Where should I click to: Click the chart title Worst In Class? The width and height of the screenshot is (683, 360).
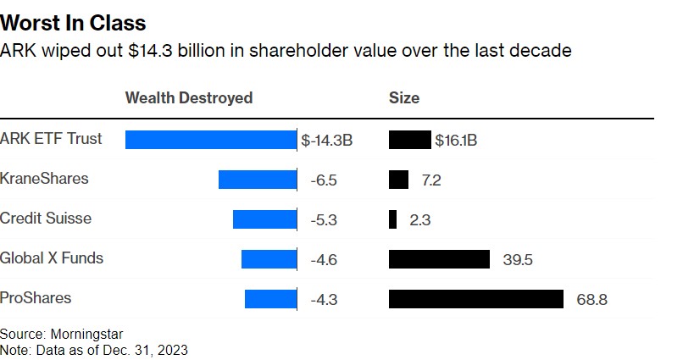click(x=73, y=23)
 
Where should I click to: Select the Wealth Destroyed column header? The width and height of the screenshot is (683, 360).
click(x=189, y=97)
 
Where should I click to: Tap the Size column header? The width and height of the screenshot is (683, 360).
click(x=404, y=97)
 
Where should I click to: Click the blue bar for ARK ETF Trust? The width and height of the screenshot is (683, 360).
click(x=210, y=140)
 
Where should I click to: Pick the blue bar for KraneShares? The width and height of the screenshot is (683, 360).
click(x=258, y=180)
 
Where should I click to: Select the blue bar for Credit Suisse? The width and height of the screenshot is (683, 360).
click(x=264, y=219)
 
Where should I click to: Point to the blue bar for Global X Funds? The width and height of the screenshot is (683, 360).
click(x=269, y=259)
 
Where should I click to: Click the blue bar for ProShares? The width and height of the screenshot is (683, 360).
click(x=270, y=299)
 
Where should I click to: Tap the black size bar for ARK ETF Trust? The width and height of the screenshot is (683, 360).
click(x=409, y=140)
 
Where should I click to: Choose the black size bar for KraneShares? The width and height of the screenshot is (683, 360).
click(x=398, y=180)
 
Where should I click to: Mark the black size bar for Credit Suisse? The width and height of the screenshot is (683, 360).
click(x=392, y=219)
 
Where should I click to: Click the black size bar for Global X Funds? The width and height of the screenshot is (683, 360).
click(x=439, y=259)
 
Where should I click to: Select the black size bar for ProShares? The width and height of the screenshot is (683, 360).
click(x=475, y=299)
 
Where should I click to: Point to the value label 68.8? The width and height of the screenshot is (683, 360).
click(x=591, y=300)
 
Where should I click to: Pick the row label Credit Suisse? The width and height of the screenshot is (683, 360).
click(x=46, y=219)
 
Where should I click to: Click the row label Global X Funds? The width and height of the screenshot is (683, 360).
click(x=52, y=258)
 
